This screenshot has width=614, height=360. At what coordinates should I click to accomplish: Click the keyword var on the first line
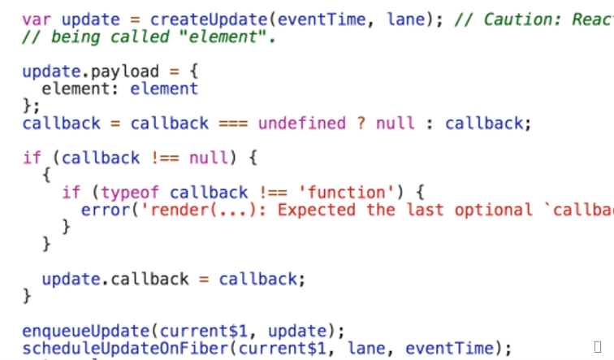[x=37, y=19]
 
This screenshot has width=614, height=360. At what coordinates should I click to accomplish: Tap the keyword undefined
[x=302, y=124]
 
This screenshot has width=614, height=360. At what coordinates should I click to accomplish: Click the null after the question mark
[x=396, y=124]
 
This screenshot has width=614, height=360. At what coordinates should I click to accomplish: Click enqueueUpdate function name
[x=86, y=331]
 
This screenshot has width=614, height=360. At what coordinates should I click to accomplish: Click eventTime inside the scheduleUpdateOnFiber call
[x=448, y=349]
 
